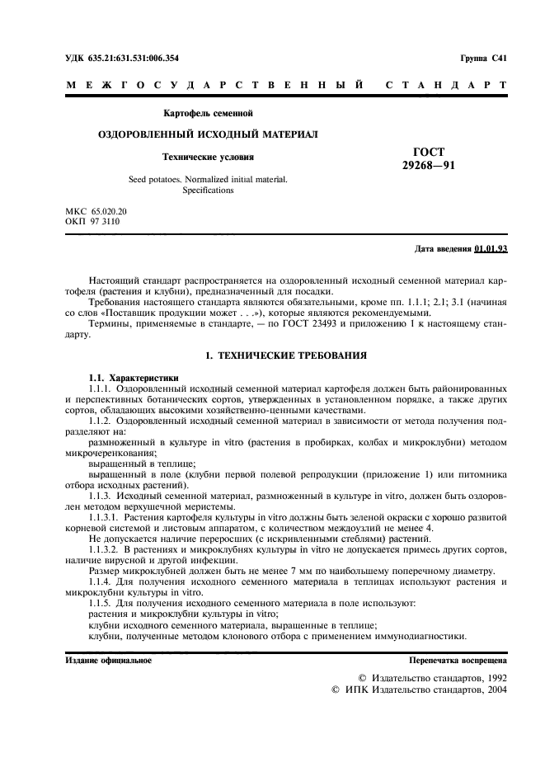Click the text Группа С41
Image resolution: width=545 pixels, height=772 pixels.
point(484,58)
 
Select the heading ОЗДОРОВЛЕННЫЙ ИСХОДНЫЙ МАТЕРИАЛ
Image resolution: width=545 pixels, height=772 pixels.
point(208,134)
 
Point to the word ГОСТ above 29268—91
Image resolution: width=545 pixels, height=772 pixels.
point(428,152)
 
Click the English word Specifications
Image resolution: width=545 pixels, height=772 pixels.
point(208,190)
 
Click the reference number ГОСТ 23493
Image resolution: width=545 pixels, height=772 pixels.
point(289,325)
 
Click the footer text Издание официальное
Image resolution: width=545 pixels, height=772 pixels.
point(108,661)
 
